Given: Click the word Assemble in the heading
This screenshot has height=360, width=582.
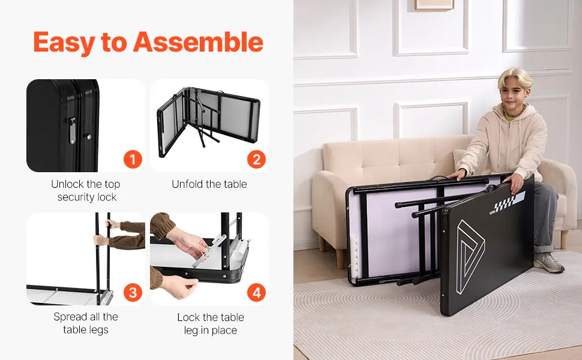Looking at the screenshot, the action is coord(198,41).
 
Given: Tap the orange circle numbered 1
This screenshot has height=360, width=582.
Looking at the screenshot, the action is coord(133,159).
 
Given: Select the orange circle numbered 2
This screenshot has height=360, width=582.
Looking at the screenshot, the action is coord(256,159).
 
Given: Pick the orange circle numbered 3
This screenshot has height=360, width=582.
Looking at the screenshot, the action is coord(133,292).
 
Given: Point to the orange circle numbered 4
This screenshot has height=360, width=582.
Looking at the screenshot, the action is coord(256,292).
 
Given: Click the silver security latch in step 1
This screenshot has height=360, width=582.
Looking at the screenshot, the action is coord(72,130).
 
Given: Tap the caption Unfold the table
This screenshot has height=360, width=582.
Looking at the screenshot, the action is coord(209,184).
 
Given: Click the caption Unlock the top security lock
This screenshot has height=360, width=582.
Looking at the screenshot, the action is coord(86,190).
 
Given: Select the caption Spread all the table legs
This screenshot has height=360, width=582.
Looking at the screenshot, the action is coord(86,323).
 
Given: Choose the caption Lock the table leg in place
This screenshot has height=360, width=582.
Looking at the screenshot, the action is coord(211,323).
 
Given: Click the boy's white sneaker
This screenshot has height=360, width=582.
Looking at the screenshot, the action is coord(548,262).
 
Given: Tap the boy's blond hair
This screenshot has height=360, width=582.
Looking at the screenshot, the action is coord(515,77).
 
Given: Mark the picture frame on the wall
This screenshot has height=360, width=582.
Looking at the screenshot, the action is coord(434,5).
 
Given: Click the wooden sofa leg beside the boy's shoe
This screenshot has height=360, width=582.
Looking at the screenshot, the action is coord(564,239).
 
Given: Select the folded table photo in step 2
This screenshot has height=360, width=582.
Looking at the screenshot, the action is coord(209,122).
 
